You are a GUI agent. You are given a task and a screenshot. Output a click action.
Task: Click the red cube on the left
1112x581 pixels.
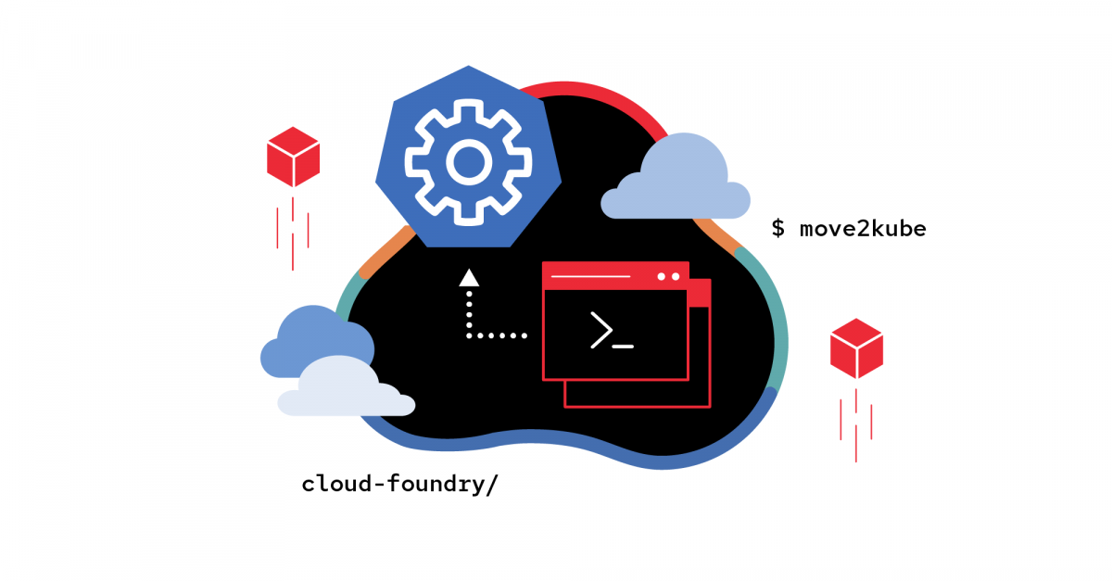pyautogui.click(x=293, y=157)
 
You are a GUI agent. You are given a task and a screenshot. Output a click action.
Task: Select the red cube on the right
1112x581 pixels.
pyautogui.click(x=856, y=347)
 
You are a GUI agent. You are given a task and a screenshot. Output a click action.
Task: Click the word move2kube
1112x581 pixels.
pyautogui.click(x=862, y=228)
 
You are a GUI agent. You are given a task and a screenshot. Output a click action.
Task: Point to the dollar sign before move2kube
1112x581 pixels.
pyautogui.click(x=778, y=228)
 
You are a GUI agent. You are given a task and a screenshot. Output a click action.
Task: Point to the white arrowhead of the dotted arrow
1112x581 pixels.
pyautogui.click(x=469, y=276)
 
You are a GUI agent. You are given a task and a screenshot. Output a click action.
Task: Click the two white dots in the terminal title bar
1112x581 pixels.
pyautogui.click(x=667, y=276)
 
